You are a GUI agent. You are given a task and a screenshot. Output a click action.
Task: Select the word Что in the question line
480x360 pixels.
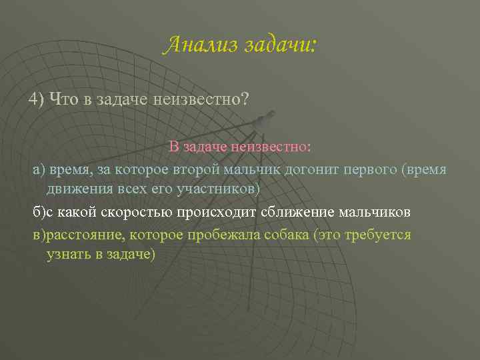64,99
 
